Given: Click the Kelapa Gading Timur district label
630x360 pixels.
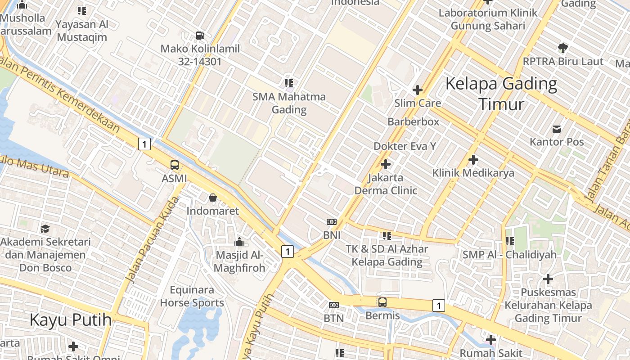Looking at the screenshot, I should (501, 94).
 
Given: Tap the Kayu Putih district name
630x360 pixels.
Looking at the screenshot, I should (71, 320).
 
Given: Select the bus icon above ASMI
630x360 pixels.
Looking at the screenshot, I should (175, 165).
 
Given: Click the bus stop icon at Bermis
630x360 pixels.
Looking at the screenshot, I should (382, 302).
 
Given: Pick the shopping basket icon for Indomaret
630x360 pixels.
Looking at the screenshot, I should (213, 198).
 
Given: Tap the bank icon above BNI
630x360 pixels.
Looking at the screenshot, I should (332, 222).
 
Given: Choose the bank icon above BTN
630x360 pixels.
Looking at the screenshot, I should (333, 305).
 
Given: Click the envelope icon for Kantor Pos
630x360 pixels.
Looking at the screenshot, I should (557, 129).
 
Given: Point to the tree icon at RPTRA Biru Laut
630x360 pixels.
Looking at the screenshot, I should (562, 48).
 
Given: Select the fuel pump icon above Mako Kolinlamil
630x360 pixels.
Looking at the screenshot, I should (200, 35).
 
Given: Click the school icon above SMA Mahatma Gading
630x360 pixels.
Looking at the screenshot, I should (289, 83).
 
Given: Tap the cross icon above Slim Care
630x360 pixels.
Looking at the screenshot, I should (418, 90).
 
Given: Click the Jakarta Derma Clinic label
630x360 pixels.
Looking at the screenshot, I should (386, 184).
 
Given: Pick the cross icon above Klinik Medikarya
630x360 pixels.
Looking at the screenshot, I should (473, 160).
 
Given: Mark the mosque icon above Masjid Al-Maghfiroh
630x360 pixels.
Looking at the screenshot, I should (239, 242).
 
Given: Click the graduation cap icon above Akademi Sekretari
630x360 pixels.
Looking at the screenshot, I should (45, 229).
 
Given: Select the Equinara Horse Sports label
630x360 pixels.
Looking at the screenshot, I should (192, 296).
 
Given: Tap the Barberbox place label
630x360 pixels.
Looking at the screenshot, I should (413, 121).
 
